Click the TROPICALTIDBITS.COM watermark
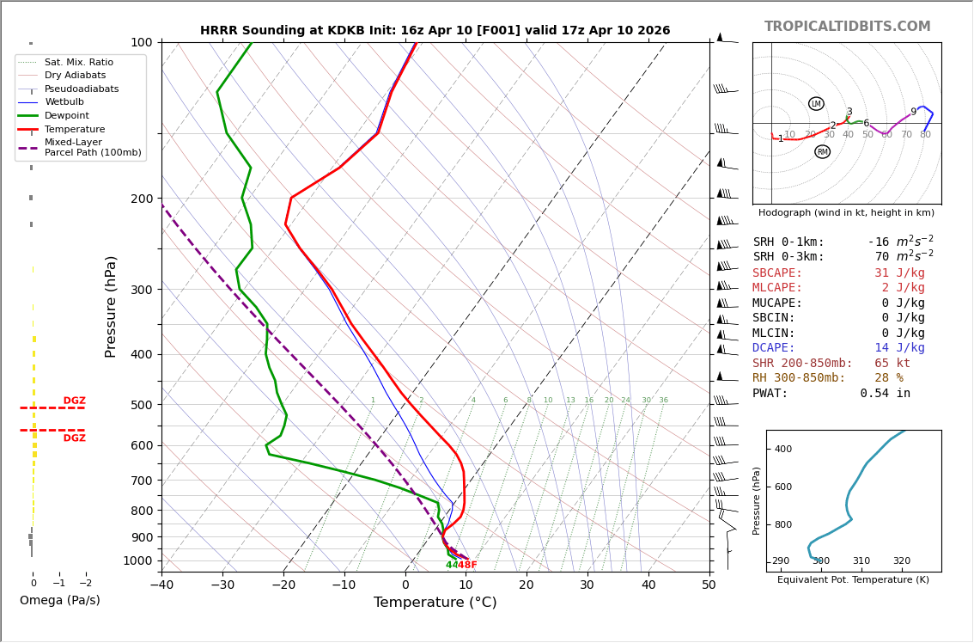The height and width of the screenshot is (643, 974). (x=847, y=27)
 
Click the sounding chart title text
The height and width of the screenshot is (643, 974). (x=435, y=31)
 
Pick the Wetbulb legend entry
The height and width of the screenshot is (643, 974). (x=64, y=102)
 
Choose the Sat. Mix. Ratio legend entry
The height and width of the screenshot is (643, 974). (x=79, y=63)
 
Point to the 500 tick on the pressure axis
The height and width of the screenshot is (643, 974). (x=141, y=405)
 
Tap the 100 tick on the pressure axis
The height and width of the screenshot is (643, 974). (x=141, y=42)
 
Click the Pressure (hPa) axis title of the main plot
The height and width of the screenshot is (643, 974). (x=111, y=306)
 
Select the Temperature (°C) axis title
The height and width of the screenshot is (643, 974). (x=435, y=603)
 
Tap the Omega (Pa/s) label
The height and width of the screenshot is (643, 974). (x=59, y=601)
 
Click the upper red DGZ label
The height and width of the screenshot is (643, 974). (x=74, y=401)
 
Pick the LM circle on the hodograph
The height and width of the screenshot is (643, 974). (x=816, y=104)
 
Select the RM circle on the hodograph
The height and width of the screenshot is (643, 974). (x=822, y=152)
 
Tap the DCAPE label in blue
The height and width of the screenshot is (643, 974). (x=774, y=348)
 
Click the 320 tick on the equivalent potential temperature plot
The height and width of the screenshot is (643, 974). (x=901, y=561)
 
